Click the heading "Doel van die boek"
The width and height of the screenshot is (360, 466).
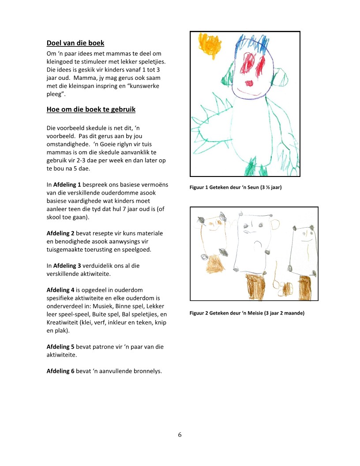[x=75, y=43]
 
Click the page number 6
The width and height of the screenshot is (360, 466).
[x=180, y=435]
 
